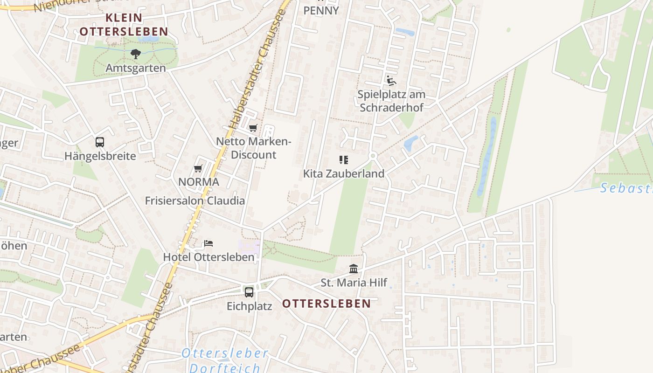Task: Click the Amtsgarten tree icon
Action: [135, 54]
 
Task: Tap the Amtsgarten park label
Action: [135, 68]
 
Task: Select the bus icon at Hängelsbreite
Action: [99, 142]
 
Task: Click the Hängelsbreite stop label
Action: [100, 156]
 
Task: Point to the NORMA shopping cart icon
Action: [198, 168]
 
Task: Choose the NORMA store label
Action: [199, 182]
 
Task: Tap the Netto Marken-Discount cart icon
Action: [253, 128]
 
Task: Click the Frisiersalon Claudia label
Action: [195, 200]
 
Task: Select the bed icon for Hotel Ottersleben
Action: [208, 243]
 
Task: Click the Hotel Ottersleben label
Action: [208, 257]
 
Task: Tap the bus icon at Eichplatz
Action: [249, 292]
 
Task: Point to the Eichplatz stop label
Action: [249, 306]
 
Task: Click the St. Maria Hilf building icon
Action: [354, 269]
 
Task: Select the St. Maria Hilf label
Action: [354, 283]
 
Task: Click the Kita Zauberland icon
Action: [344, 160]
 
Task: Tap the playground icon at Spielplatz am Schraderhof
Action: [391, 81]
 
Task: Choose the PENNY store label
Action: [321, 10]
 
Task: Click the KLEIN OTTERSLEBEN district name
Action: [124, 25]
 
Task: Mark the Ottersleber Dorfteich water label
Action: [225, 360]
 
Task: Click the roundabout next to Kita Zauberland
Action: [372, 156]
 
